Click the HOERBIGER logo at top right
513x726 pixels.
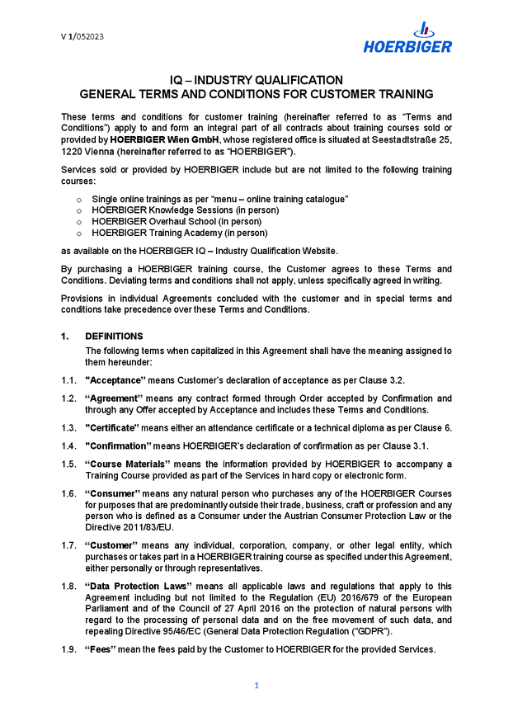[x=407, y=39]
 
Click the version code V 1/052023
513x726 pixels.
[x=82, y=36]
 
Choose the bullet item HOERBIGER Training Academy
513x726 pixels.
[x=179, y=233]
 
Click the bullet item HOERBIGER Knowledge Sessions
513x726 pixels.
[x=185, y=210]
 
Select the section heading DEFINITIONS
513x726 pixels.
[x=114, y=337]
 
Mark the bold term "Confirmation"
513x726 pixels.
[x=117, y=446]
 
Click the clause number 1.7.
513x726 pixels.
[x=68, y=545]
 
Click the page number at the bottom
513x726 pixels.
[x=256, y=686]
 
